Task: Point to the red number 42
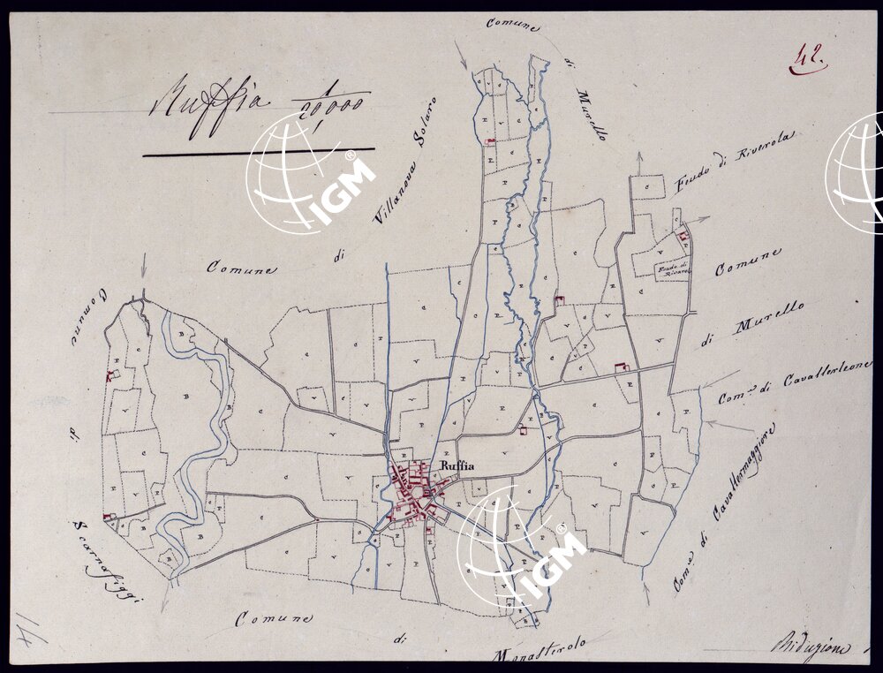pyautogui.click(x=807, y=59)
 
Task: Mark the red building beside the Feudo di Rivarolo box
pyautogui.click(x=683, y=236)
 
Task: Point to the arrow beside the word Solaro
pyautogui.click(x=461, y=55)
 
